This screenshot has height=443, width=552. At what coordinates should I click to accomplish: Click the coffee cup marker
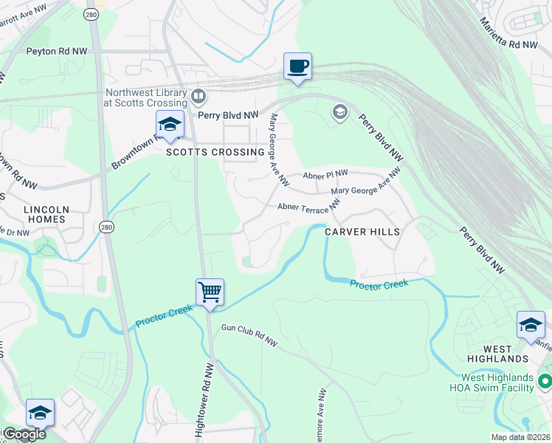tap(298, 66)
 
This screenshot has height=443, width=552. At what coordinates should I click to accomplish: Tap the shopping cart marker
tap(210, 292)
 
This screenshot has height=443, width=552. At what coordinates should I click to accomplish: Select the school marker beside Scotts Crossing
tap(169, 125)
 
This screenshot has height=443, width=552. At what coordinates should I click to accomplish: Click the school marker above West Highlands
tap(531, 325)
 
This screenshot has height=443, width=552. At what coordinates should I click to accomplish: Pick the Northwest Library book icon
tap(198, 96)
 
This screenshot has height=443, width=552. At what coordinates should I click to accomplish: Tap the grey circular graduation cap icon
tap(340, 111)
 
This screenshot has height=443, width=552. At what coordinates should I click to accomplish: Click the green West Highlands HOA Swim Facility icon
tap(545, 382)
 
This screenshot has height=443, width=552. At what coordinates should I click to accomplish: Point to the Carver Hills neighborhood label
tap(362, 232)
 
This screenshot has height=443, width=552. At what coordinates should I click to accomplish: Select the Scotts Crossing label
tap(215, 152)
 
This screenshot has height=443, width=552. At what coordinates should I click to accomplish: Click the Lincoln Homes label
tap(46, 215)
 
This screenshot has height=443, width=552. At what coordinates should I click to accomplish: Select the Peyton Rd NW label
tap(56, 51)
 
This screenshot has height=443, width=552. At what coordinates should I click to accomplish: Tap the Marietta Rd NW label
tap(509, 34)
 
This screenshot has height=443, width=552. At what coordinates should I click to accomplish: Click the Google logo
tap(24, 434)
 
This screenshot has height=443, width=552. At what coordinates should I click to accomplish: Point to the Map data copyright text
tap(520, 437)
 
